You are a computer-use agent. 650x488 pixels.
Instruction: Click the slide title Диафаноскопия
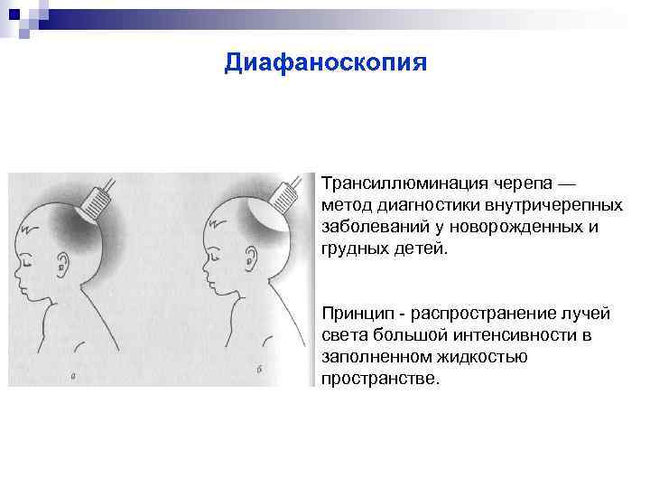tap(325, 62)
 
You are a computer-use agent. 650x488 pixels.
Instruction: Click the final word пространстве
tap(379, 379)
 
